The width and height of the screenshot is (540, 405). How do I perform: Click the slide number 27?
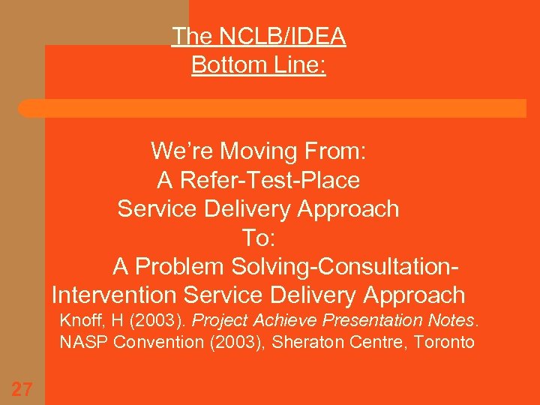click(22, 388)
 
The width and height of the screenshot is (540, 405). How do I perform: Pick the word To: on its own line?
click(259, 238)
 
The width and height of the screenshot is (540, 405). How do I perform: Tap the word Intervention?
click(114, 295)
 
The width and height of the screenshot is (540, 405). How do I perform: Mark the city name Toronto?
click(446, 343)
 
